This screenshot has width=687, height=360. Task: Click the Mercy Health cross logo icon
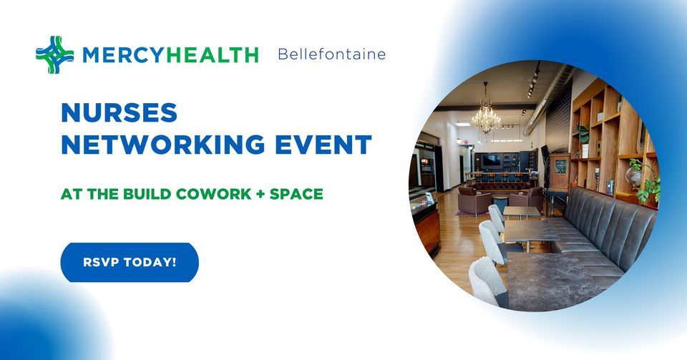tap(55, 55)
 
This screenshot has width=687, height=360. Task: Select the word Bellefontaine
tap(331, 54)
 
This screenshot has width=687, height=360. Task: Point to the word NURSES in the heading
tap(119, 112)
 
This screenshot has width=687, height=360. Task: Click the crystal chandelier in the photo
tap(486, 116)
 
